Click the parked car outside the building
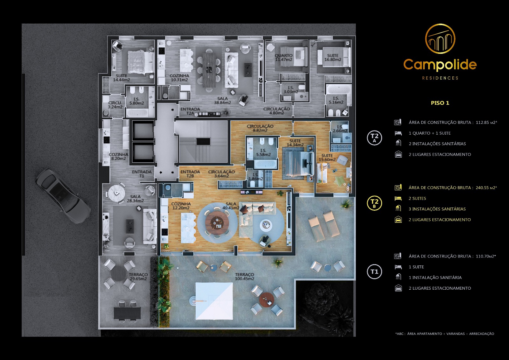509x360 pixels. [x=63, y=196]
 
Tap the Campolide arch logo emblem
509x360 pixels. [x=440, y=39]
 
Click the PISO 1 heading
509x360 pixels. [x=440, y=103]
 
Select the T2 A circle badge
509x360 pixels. [x=374, y=138]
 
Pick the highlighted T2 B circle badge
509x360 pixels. [x=374, y=203]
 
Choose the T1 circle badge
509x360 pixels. [x=374, y=272]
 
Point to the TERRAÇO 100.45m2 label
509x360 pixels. [x=245, y=277]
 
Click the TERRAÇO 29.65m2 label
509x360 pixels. [x=138, y=277]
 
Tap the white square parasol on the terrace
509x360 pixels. [x=214, y=301]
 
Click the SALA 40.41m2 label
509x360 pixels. [x=231, y=206]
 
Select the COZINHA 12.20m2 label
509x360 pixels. [x=181, y=206]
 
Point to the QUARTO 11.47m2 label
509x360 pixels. [x=284, y=58]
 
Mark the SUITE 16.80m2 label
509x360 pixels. [x=333, y=58]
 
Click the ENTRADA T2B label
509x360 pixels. [x=190, y=174]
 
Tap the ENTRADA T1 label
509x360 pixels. [x=142, y=174]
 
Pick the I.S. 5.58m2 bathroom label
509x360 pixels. [x=263, y=152]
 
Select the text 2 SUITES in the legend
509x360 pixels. [x=417, y=198]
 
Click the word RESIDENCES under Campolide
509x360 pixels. [x=440, y=78]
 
